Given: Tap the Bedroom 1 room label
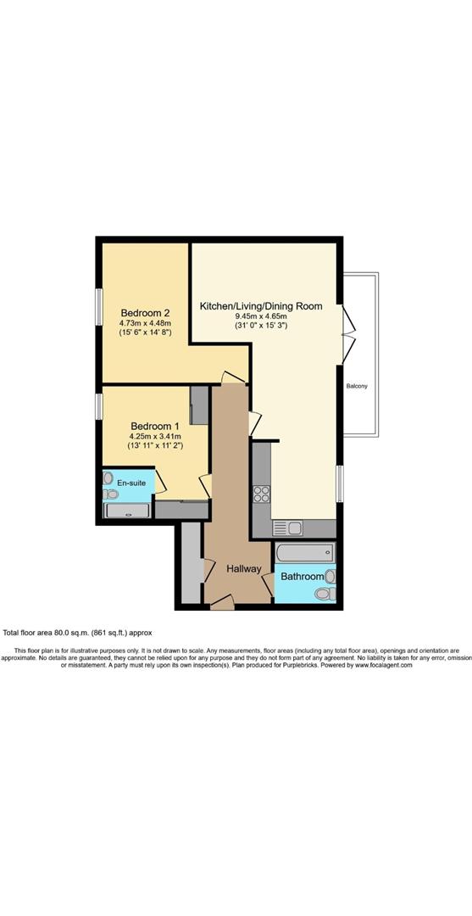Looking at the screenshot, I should tap(154, 426).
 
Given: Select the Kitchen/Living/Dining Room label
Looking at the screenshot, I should tap(260, 305).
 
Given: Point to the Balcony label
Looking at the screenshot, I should tap(357, 387).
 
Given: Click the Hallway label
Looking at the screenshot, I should tap(242, 569).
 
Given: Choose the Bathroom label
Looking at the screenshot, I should tap(303, 577).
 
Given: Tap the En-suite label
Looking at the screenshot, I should tap(130, 483).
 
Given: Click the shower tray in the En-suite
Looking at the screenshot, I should tap(127, 510).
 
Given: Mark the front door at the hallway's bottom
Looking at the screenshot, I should tap(222, 602).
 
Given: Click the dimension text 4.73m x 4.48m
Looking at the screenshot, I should tap(145, 322).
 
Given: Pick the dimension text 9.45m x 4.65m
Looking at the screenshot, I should tap(260, 316).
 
